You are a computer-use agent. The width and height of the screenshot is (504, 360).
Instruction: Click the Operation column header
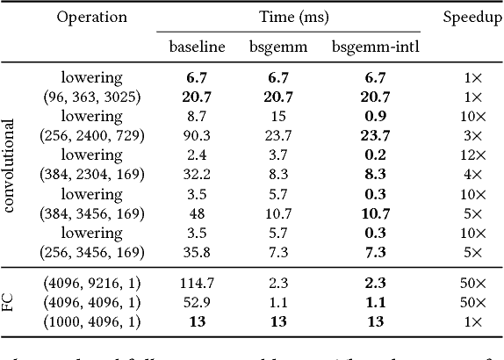tap(93, 17)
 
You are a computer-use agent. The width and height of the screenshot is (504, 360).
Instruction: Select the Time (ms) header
tap(290, 17)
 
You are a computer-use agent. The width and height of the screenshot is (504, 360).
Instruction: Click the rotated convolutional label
tap(12, 166)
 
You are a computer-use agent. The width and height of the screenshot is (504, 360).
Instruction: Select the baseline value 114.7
tap(196, 284)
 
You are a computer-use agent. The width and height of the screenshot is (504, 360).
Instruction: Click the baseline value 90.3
tap(196, 135)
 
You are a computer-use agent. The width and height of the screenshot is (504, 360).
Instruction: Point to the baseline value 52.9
tap(196, 302)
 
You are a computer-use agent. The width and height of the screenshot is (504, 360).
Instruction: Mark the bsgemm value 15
tap(283, 117)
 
